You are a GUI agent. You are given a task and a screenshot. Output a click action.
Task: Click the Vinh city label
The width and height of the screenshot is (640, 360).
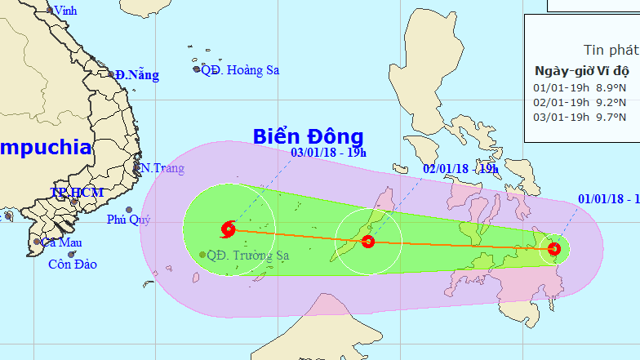click(63, 11)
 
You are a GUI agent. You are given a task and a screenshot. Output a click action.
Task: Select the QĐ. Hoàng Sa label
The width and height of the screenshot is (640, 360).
click(239, 70)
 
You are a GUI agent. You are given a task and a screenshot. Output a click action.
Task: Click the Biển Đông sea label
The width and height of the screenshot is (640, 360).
click(307, 136)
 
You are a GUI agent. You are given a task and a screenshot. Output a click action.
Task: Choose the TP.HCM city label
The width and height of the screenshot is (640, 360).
click(77, 193)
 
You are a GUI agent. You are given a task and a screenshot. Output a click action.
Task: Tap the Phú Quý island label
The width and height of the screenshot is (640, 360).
click(128, 220)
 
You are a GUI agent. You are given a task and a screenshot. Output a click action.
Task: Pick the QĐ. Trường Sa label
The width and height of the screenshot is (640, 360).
click(248, 255)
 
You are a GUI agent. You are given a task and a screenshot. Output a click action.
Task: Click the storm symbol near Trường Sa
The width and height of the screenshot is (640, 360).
click(228, 229)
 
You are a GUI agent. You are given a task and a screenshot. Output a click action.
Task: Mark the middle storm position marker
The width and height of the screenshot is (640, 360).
click(368, 241)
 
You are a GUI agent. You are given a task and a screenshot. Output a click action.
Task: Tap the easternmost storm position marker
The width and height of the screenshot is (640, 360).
click(554, 248)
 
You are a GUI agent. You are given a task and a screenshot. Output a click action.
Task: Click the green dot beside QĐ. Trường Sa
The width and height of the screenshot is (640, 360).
click(202, 255)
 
